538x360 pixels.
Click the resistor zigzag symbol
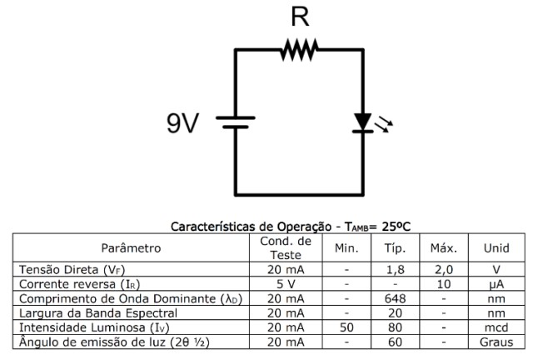(x=298, y=51)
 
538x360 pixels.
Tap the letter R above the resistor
(x=298, y=17)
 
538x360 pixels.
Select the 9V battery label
(x=180, y=123)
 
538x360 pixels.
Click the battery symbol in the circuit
(x=236, y=123)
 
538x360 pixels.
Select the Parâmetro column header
(x=131, y=247)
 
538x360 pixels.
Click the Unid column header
(x=496, y=247)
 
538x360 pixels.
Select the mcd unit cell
(x=496, y=327)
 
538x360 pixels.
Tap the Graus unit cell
(x=496, y=342)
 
